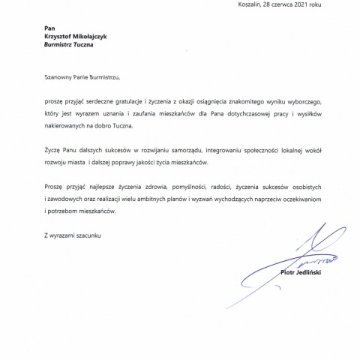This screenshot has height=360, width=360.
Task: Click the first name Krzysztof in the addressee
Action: pyautogui.click(x=60, y=36)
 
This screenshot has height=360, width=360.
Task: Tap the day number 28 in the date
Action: pyautogui.click(x=277, y=4)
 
